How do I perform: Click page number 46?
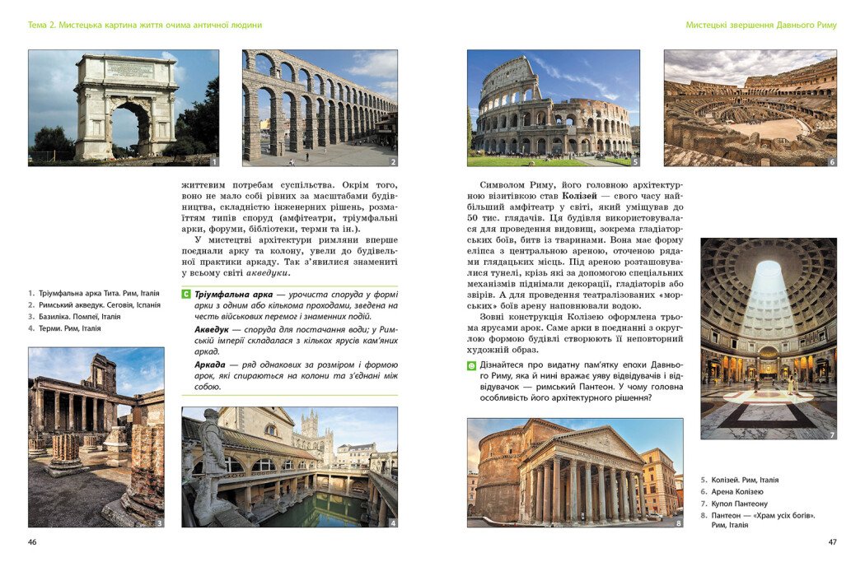click(32, 541)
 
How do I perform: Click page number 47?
click(832, 541)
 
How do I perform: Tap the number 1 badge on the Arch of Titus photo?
click(213, 161)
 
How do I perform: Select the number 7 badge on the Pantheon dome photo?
click(831, 434)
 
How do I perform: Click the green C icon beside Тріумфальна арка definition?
click(186, 294)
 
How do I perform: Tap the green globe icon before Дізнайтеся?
click(471, 365)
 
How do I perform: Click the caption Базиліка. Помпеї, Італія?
click(79, 316)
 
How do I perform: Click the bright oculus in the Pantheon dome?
click(768, 272)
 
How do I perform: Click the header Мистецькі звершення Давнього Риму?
click(760, 26)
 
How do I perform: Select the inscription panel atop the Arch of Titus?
click(129, 70)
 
